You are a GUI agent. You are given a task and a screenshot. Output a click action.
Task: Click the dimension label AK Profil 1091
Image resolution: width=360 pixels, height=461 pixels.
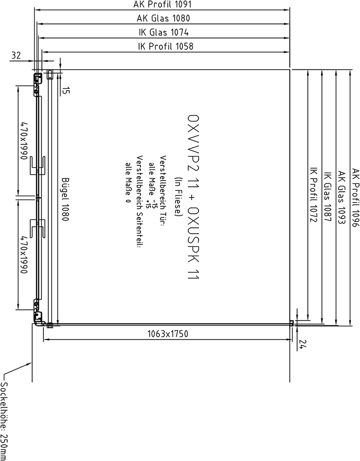pyautogui.click(x=162, y=4)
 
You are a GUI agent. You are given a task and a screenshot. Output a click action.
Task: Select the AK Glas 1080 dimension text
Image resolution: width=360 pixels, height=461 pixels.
pyautogui.click(x=163, y=18)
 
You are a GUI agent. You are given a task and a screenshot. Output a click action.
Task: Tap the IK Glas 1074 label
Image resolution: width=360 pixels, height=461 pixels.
pyautogui.click(x=164, y=32)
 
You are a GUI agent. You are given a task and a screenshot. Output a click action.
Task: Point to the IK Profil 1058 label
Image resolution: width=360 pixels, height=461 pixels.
pyautogui.click(x=166, y=46)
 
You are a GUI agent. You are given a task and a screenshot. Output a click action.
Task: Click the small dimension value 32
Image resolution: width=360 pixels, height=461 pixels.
pyautogui.click(x=16, y=55)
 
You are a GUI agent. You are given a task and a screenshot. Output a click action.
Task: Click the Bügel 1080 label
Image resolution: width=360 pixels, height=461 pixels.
pyautogui.click(x=65, y=200)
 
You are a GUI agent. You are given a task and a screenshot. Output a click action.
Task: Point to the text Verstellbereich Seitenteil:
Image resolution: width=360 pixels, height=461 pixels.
pyautogui.click(x=140, y=201)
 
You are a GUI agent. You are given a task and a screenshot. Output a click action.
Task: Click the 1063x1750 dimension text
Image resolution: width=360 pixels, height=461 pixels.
pyautogui.click(x=167, y=334)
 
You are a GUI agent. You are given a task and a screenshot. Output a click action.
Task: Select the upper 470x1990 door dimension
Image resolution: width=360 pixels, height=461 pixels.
pyautogui.click(x=24, y=140)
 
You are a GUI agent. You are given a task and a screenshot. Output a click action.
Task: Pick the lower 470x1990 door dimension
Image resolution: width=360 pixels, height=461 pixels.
pyautogui.click(x=24, y=255)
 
